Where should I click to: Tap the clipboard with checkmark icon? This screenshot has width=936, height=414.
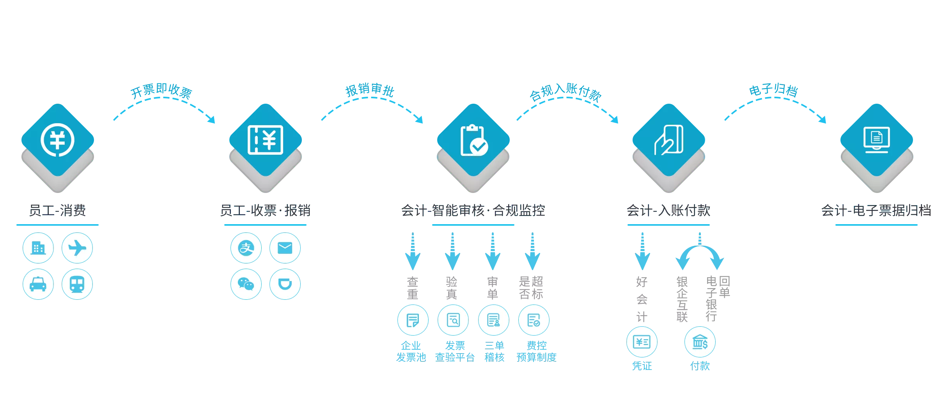pyautogui.click(x=473, y=140)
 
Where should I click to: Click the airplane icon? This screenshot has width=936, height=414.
pyautogui.click(x=77, y=248)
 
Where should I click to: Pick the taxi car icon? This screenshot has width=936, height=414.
pyautogui.click(x=38, y=284)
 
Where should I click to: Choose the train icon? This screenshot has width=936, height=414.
pyautogui.click(x=77, y=284)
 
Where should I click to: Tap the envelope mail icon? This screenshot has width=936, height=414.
pyautogui.click(x=285, y=248)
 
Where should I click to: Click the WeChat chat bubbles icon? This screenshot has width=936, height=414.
pyautogui.click(x=246, y=284)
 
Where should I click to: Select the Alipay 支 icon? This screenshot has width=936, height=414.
pyautogui.click(x=246, y=248)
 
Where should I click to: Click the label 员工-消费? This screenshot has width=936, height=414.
pyautogui.click(x=57, y=211)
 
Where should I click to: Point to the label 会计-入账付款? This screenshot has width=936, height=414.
pyautogui.click(x=668, y=211)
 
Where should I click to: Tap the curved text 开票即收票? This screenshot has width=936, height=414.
pyautogui.click(x=160, y=92)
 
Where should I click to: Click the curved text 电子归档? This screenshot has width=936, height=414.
pyautogui.click(x=773, y=90)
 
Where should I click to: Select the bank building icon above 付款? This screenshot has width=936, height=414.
pyautogui.click(x=700, y=342)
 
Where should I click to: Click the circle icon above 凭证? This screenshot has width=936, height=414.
pyautogui.click(x=642, y=342)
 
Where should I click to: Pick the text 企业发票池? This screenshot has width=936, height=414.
pyautogui.click(x=411, y=351)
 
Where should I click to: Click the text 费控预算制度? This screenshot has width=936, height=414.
pyautogui.click(x=537, y=351)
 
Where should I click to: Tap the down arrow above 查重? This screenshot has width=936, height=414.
pyautogui.click(x=412, y=251)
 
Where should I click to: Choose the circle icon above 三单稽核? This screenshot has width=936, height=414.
pyautogui.click(x=494, y=320)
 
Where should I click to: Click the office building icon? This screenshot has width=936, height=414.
pyautogui.click(x=38, y=248)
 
